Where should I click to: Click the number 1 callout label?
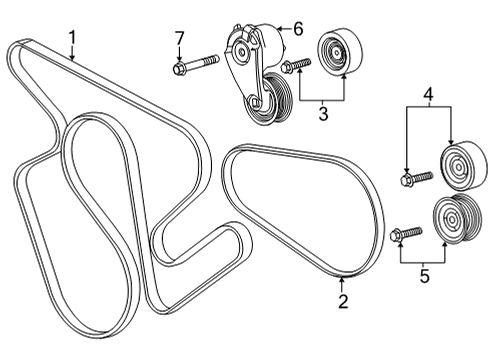pos(73,39)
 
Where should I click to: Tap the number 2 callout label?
pos(342,299)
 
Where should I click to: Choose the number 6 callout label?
pos(297,27)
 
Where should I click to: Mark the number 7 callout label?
pos(180,38)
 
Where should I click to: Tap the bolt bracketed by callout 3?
pos(298,67)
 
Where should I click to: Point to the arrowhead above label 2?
pos(342,280)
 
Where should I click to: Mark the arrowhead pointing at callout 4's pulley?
pos(451,143)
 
